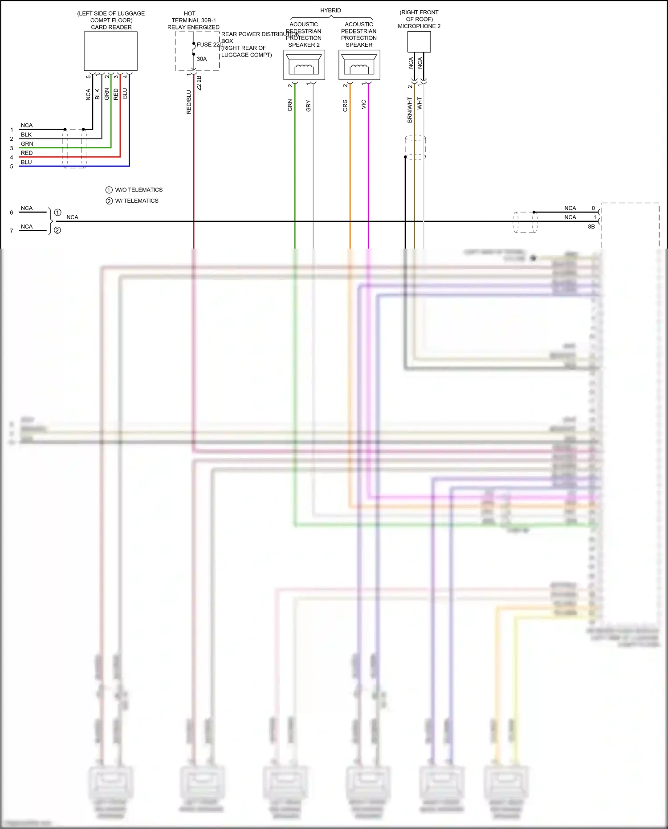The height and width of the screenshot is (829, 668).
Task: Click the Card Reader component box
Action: tap(110, 51)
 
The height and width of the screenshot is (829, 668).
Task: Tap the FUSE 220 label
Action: tap(209, 45)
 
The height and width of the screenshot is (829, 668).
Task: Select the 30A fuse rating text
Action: tap(202, 59)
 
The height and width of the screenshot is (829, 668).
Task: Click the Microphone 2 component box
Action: tap(419, 42)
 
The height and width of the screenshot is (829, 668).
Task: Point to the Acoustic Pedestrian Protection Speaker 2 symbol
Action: tap(304, 65)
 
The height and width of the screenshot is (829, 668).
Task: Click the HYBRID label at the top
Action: tap(330, 10)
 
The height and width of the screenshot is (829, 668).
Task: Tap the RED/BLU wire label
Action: tap(189, 102)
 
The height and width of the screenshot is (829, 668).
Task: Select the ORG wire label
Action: tap(345, 106)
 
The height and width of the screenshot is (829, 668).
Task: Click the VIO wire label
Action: tap(364, 104)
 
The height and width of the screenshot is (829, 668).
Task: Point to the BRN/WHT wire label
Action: tap(410, 110)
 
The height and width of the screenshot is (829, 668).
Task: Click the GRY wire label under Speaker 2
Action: tap(309, 106)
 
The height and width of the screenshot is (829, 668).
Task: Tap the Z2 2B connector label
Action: tap(199, 83)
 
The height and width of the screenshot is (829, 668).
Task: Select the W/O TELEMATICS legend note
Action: tap(138, 190)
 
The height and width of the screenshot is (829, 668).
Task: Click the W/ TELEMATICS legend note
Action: tap(136, 201)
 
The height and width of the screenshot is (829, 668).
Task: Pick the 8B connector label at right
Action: tap(591, 227)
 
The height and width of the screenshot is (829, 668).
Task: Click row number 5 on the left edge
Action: tap(12, 167)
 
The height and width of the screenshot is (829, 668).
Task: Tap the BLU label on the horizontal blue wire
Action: tap(26, 162)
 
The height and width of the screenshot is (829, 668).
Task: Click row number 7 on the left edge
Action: tap(12, 231)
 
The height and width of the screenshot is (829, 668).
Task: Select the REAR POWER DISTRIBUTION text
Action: tap(260, 34)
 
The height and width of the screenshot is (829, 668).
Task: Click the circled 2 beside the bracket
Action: tap(57, 230)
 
